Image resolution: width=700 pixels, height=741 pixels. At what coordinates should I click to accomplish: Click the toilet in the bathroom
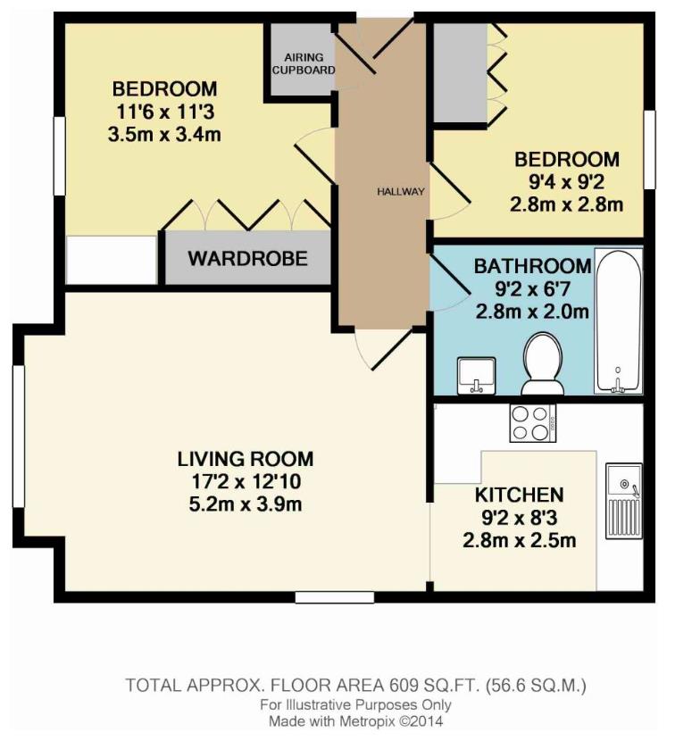pos(543,364)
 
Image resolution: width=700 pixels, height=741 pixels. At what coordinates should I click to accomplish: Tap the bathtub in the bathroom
pos(618,321)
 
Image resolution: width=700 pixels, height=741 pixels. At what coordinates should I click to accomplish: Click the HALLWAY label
pos(400,192)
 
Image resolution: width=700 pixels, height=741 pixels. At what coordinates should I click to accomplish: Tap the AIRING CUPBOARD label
pos(303,62)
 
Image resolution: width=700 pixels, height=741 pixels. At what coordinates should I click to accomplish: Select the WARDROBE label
pos(247,259)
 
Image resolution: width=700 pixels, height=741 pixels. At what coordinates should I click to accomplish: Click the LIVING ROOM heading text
pos(246,460)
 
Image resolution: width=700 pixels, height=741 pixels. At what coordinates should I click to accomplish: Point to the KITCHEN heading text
pos(519,495)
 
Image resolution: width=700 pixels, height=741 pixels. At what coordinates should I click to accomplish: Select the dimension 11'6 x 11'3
pos(164,112)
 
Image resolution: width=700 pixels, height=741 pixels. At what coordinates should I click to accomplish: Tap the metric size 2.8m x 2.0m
pos(532,312)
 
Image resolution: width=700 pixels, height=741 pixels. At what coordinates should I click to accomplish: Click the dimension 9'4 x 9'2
pos(567,182)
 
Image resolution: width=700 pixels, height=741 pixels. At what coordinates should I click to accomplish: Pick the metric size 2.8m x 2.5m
pos(519,540)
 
